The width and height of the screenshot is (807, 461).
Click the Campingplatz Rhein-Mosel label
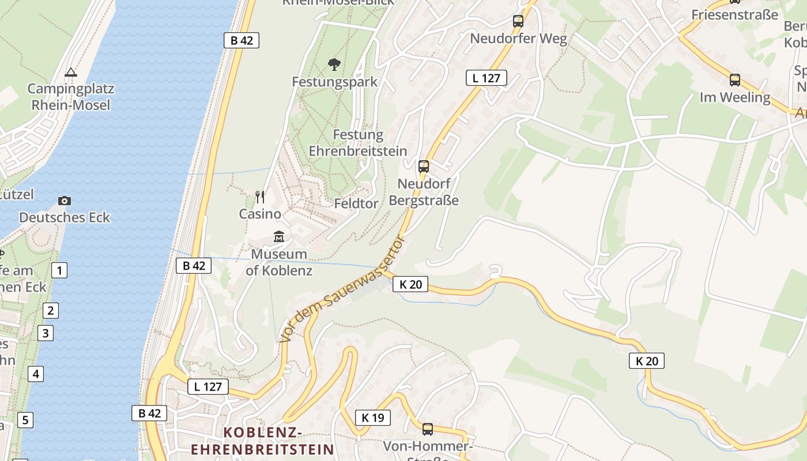click(71, 97)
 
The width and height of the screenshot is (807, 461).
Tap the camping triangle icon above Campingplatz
click(71, 72)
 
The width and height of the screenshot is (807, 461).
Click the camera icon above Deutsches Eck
click(65, 201)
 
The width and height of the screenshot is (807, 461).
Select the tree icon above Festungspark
click(334, 64)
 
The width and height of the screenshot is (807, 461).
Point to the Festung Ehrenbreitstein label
click(358, 143)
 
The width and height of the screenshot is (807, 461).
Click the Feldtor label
click(356, 203)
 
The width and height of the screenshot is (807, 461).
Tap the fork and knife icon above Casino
click(260, 197)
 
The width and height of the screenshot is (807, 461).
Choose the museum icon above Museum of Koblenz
click(279, 236)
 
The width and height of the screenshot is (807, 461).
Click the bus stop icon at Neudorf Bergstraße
click(424, 167)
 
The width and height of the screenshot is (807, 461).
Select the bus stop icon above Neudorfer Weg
click(518, 21)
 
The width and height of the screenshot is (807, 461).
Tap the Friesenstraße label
click(734, 15)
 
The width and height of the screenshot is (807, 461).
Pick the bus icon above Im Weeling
click(734, 80)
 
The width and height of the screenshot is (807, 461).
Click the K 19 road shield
click(372, 417)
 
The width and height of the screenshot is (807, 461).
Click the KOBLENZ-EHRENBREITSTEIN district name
click(263, 441)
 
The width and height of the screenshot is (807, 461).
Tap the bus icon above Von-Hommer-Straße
click(428, 429)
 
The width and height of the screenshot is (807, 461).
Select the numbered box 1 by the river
click(59, 270)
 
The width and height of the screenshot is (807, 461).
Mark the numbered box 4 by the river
click(36, 374)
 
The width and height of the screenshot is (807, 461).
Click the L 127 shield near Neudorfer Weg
click(486, 78)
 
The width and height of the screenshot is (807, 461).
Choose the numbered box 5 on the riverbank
click(25, 420)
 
